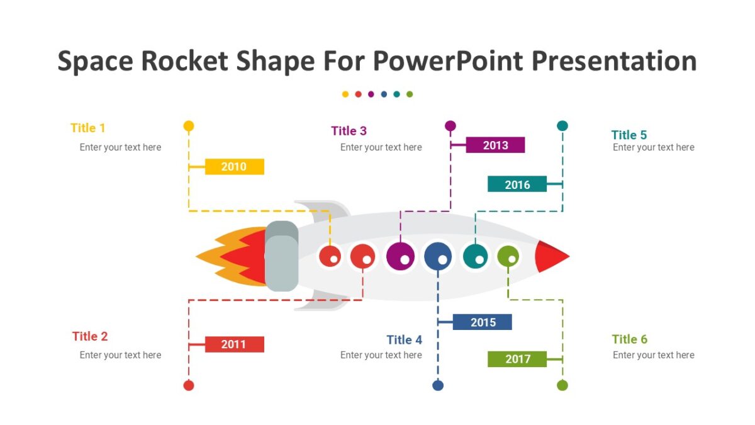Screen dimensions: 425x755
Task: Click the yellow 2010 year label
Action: (x=234, y=167)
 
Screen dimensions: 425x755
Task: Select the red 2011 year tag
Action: (x=234, y=344)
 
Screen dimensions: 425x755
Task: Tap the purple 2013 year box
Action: (x=495, y=145)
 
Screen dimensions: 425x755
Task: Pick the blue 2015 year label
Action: (x=483, y=322)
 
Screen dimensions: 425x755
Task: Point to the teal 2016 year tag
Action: (x=517, y=184)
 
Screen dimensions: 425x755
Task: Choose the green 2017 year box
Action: (x=517, y=359)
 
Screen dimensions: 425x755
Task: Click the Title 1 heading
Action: (x=88, y=128)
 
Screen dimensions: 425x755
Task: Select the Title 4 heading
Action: (x=404, y=340)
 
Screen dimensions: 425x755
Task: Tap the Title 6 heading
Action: (x=629, y=339)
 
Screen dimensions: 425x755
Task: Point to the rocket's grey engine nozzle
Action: (x=281, y=256)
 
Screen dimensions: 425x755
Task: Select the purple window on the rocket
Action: (x=400, y=256)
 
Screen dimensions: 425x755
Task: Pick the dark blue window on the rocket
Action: (x=438, y=256)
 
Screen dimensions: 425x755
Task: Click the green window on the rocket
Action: (x=508, y=256)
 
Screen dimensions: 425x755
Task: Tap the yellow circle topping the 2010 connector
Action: (x=188, y=126)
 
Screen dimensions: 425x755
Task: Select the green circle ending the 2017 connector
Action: (x=562, y=385)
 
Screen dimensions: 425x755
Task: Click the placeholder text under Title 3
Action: (x=381, y=147)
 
